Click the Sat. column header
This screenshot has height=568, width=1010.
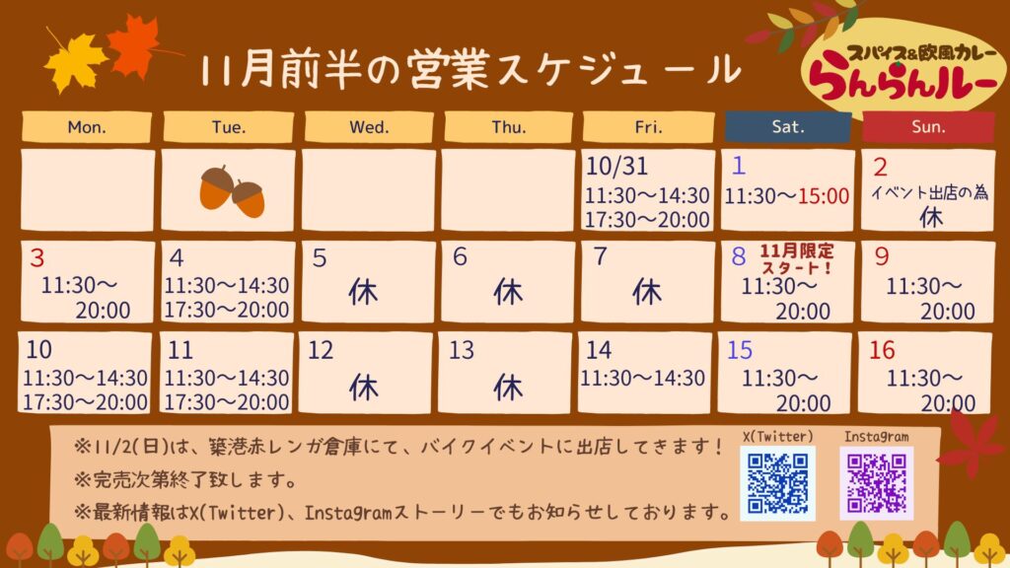point(787,127)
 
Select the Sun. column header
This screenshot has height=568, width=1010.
point(928,127)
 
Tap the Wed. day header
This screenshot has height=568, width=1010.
point(369,127)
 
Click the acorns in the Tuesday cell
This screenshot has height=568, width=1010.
point(232,191)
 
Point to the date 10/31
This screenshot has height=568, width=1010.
point(616,167)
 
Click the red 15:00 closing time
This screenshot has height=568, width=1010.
point(824,196)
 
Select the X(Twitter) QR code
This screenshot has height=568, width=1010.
point(777,483)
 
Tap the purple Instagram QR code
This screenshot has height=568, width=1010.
point(876,483)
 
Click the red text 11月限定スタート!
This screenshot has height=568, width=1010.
point(797,259)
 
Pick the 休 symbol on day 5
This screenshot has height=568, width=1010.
point(363,293)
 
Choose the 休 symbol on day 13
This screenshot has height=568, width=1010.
point(508,388)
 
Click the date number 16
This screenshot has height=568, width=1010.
point(882,350)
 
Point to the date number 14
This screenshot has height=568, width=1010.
point(599,350)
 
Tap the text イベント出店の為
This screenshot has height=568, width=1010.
point(929,192)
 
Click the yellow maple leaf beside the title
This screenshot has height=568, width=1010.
point(75,61)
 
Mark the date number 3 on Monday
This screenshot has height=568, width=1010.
point(36,258)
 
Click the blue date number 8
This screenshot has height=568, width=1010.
point(738,256)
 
